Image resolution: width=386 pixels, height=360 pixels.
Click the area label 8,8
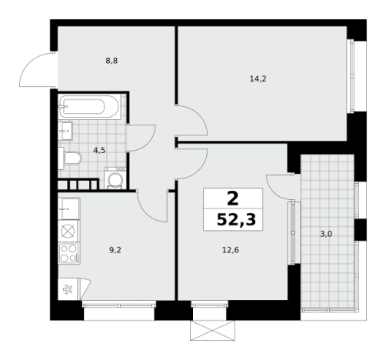pyautogui.click(x=111, y=61)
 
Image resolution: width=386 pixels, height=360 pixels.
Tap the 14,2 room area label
pyautogui.click(x=258, y=79)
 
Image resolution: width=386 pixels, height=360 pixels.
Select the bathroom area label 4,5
pyautogui.click(x=99, y=151)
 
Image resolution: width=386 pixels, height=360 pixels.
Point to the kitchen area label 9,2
pyautogui.click(x=115, y=250)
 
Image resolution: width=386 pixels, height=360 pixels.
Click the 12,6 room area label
pyautogui.click(x=231, y=250)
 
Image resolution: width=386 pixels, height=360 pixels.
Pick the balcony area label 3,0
pyautogui.click(x=326, y=234)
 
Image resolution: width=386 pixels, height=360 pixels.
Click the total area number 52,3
pyautogui.click(x=236, y=220)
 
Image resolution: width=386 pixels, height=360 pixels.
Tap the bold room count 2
pyautogui.click(x=233, y=198)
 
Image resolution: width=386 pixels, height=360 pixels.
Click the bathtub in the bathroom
pyautogui.click(x=89, y=107)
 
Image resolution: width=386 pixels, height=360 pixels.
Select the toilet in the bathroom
pyautogui.click(x=70, y=158)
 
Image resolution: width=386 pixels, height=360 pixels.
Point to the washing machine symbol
pyautogui.click(x=115, y=178)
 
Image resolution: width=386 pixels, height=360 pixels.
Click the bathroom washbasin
pyautogui.click(x=65, y=131)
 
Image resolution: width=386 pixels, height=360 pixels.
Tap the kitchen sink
pyautogui.click(x=69, y=208)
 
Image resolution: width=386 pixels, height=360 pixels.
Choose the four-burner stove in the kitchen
pyautogui.click(x=69, y=253)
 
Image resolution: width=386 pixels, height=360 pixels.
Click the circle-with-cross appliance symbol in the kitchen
pyautogui.click(x=68, y=232)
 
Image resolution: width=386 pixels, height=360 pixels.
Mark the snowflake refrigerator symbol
pyautogui.click(x=68, y=290)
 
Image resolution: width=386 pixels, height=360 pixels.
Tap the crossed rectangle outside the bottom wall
pyautogui.click(x=212, y=331)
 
